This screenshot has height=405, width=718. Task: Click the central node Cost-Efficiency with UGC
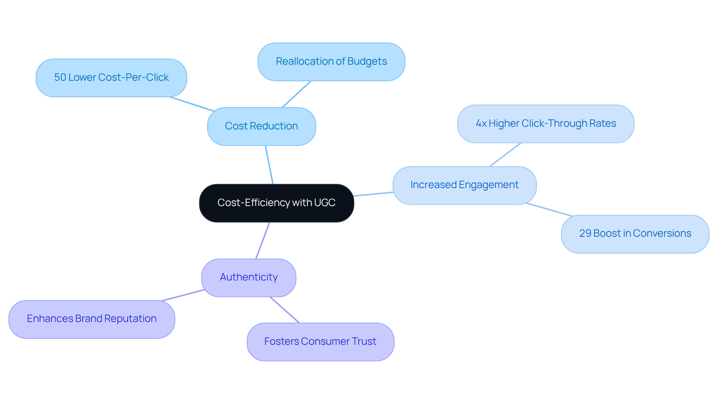[276, 203]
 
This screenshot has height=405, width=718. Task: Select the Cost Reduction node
[261, 126]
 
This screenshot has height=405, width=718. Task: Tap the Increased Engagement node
[464, 185]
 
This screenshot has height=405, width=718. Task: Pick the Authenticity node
[249, 277]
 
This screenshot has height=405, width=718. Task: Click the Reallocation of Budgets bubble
[331, 62]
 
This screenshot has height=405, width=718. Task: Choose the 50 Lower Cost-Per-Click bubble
[111, 78]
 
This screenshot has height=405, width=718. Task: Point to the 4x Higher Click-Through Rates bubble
[546, 124]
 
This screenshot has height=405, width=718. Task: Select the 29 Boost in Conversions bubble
[635, 234]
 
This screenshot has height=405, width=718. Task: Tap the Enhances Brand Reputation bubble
[92, 319]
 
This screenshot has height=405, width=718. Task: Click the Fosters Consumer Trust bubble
[320, 342]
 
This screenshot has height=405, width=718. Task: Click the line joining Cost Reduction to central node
[269, 165]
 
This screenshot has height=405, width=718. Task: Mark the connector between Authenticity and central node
[263, 240]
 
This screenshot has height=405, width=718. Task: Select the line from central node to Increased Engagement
[373, 194]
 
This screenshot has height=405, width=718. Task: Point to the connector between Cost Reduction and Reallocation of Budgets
[297, 94]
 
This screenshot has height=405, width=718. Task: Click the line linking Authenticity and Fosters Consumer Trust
[285, 310]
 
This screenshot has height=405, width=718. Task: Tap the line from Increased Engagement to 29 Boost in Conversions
[549, 210]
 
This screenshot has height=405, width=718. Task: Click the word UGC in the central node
[325, 203]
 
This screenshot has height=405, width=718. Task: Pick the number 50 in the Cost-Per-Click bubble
[60, 77]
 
